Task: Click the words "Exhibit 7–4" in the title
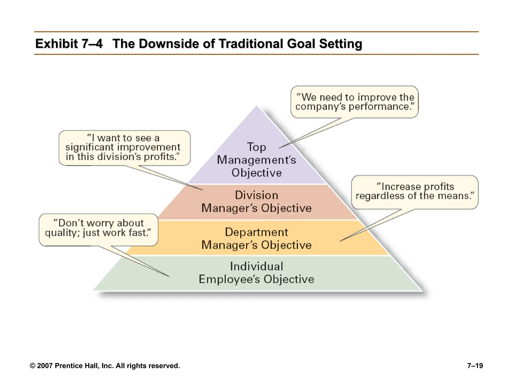tap(69, 44)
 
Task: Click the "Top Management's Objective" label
tap(256, 160)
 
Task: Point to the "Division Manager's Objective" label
tap(256, 202)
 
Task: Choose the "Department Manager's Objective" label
tap(256, 239)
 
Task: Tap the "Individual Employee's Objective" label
tap(256, 273)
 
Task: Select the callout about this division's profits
tap(124, 148)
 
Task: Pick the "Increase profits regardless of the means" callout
tap(415, 192)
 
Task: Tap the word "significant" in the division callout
tap(89, 147)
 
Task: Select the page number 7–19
tap(475, 366)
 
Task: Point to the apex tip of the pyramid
tap(256, 106)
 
